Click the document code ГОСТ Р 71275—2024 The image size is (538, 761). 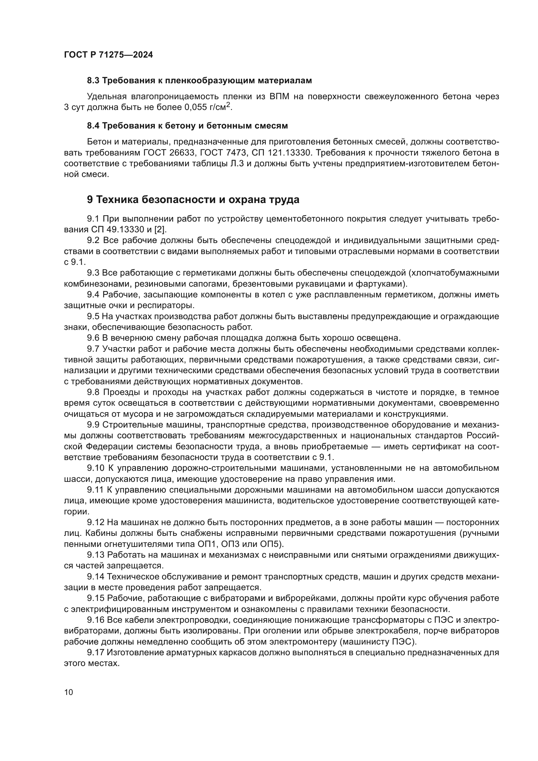[108, 55]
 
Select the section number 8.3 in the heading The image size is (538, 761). [93, 81]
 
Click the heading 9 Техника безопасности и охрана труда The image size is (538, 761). [193, 199]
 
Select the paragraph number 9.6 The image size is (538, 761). [93, 338]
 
